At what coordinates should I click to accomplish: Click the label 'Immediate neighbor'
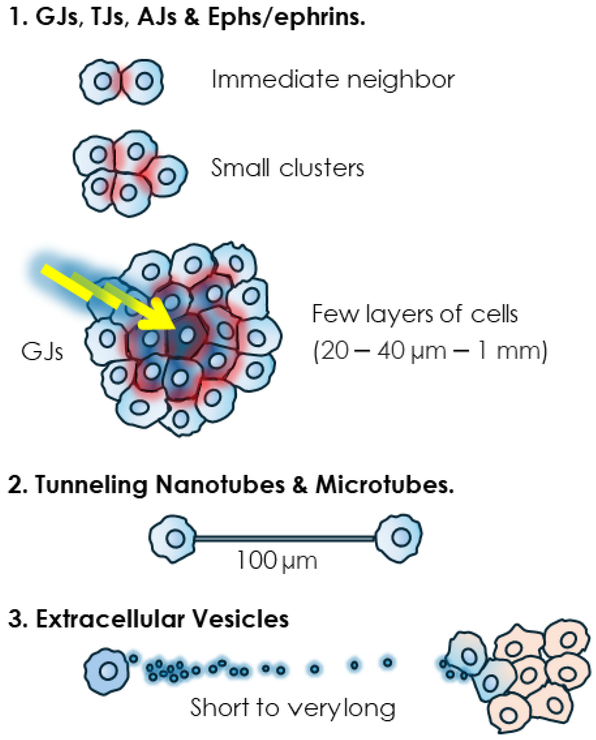pyautogui.click(x=332, y=79)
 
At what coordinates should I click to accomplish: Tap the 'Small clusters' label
pyautogui.click(x=287, y=168)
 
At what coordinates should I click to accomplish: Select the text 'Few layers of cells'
pyautogui.click(x=414, y=314)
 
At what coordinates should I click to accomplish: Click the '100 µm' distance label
pyautogui.click(x=277, y=561)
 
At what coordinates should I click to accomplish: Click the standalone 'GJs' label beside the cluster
pyautogui.click(x=42, y=352)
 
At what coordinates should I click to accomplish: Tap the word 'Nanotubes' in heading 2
pyautogui.click(x=220, y=484)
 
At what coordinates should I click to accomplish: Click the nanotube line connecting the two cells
pyautogui.click(x=284, y=539)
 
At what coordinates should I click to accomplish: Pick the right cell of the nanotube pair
pyautogui.click(x=399, y=538)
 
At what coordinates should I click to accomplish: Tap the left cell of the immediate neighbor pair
pyautogui.click(x=100, y=82)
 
